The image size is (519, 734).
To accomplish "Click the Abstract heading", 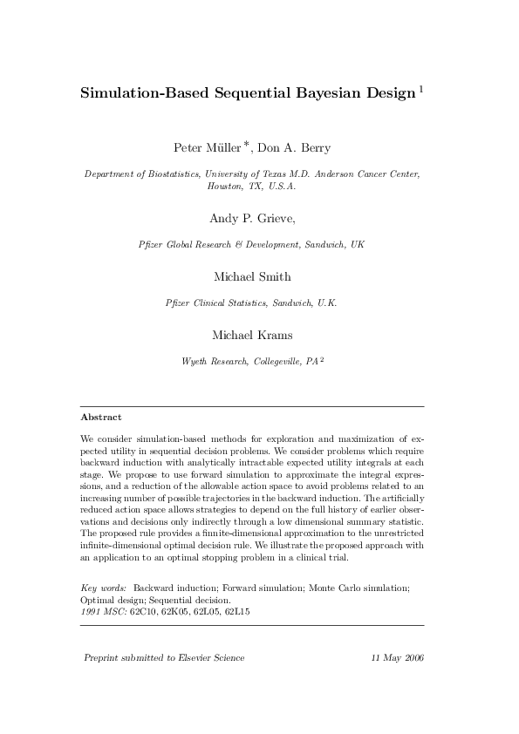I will tap(101, 418).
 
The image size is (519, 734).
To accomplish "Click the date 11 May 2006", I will tap(397, 657).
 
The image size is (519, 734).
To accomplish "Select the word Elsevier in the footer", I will tap(194, 657).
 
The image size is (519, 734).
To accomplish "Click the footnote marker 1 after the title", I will tap(422, 88).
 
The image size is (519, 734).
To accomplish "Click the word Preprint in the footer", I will tap(104, 657).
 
